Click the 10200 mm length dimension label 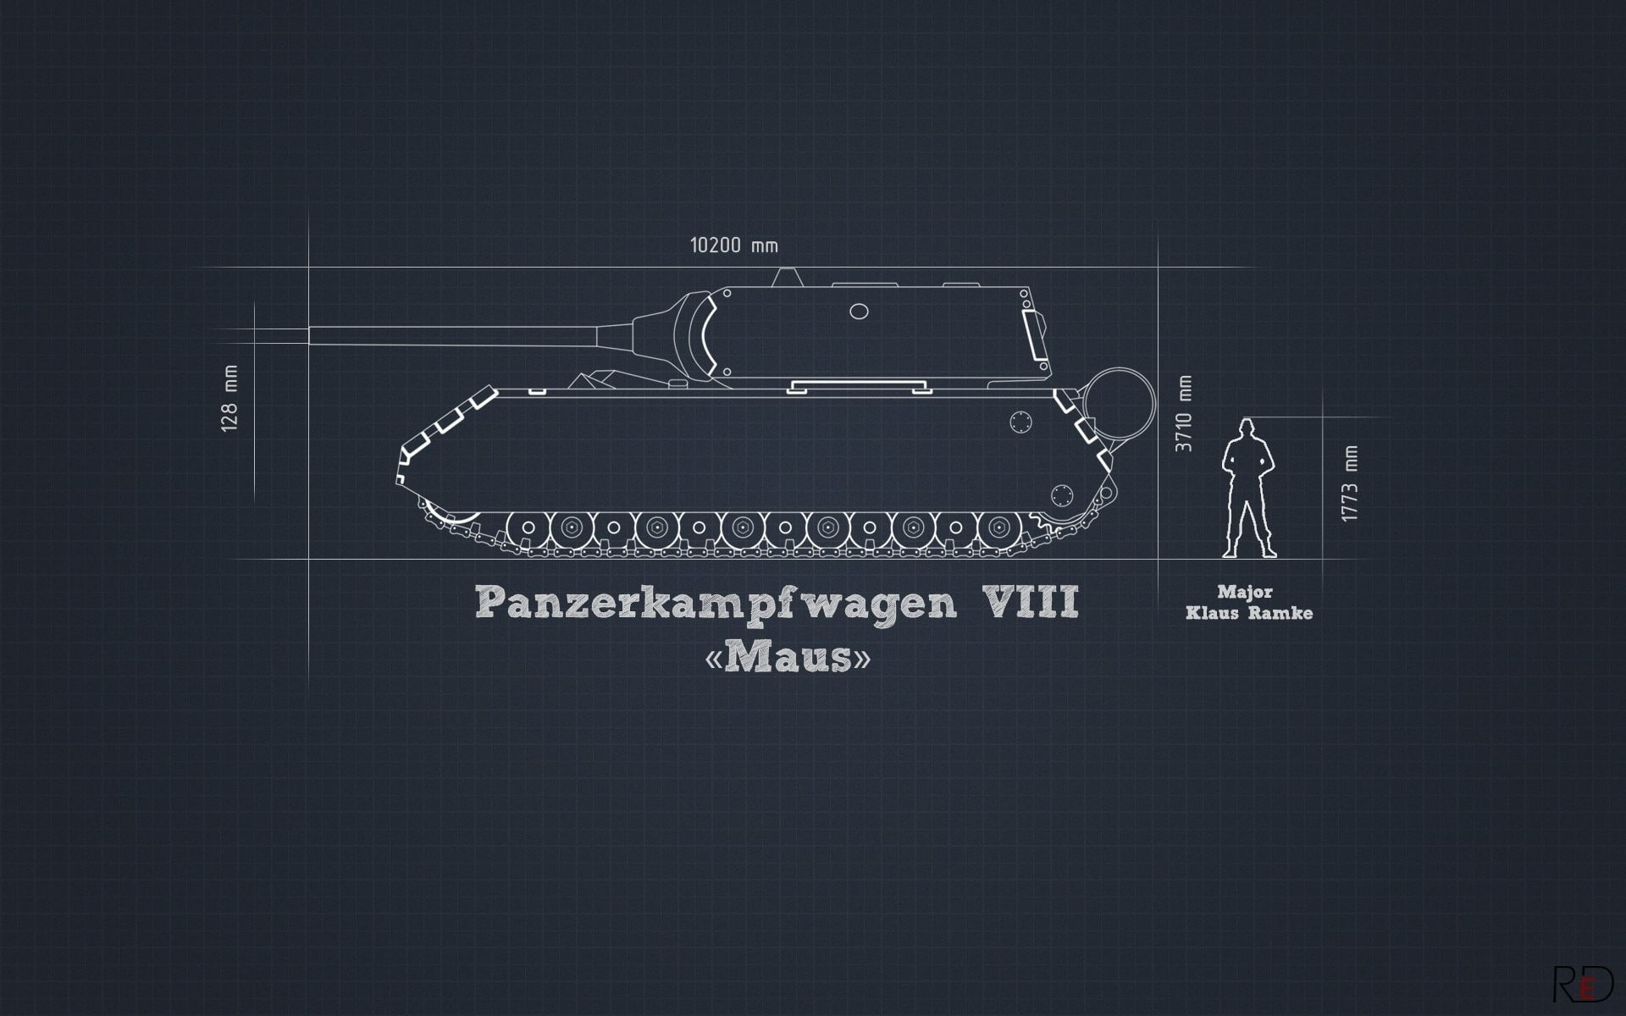pos(733,246)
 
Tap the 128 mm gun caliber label pos(230,398)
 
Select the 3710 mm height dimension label pos(1184,413)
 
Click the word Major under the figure pos(1245,592)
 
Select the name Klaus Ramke pos(1249,613)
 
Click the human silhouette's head pos(1244,428)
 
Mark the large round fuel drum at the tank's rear pos(1120,403)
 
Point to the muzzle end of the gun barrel pos(311,335)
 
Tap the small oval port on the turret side pos(859,312)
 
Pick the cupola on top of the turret pos(788,277)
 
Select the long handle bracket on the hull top pos(855,388)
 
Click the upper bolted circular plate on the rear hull pos(1022,421)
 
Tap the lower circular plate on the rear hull pos(1062,495)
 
